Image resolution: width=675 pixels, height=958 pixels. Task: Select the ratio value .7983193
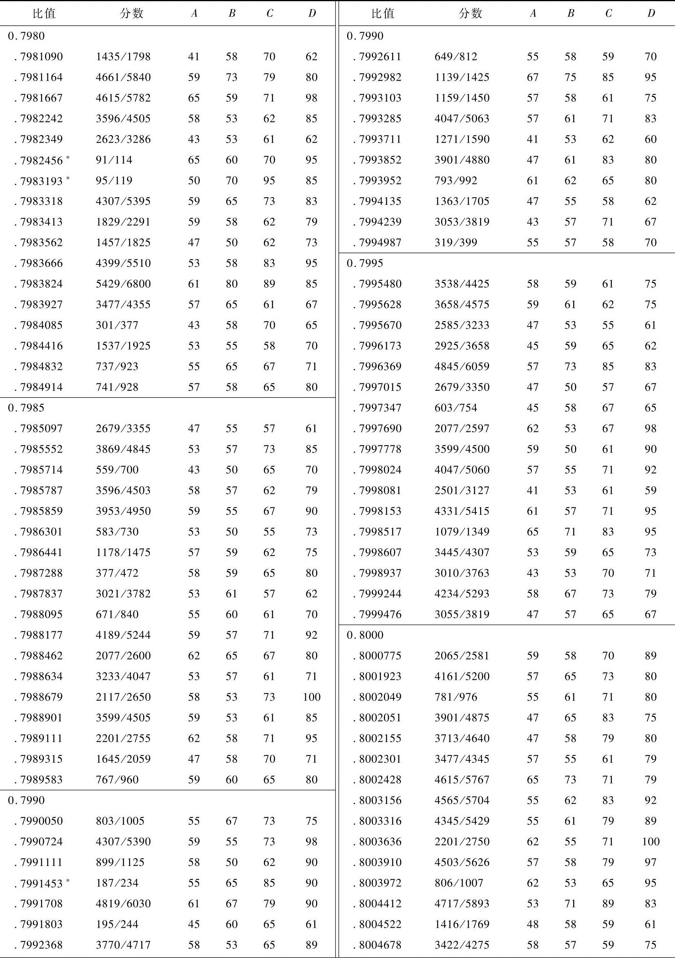[x=41, y=181]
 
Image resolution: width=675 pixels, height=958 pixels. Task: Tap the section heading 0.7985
[x=26, y=408]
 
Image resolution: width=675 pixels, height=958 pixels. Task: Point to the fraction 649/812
[x=455, y=56]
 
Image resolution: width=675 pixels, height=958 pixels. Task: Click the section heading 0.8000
[x=365, y=635]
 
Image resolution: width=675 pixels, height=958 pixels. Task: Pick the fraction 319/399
[x=455, y=242]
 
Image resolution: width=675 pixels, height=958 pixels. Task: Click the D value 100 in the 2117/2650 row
[x=312, y=697]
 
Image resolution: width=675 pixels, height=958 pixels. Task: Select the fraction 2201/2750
[x=462, y=841]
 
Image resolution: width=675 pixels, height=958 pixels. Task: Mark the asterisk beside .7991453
[x=68, y=880]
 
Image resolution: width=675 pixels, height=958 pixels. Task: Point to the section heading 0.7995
[x=365, y=263]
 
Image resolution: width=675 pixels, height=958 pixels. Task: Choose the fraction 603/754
[x=455, y=408]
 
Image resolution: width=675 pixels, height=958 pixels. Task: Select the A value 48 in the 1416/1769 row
[x=532, y=924]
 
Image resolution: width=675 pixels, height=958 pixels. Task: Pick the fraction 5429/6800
[x=123, y=284]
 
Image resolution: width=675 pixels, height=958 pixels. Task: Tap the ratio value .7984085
[x=41, y=325]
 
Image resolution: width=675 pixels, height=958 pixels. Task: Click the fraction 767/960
[x=117, y=779]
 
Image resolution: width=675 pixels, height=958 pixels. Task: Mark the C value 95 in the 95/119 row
[x=269, y=181]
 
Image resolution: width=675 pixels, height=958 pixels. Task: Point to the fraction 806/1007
[x=459, y=883]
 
